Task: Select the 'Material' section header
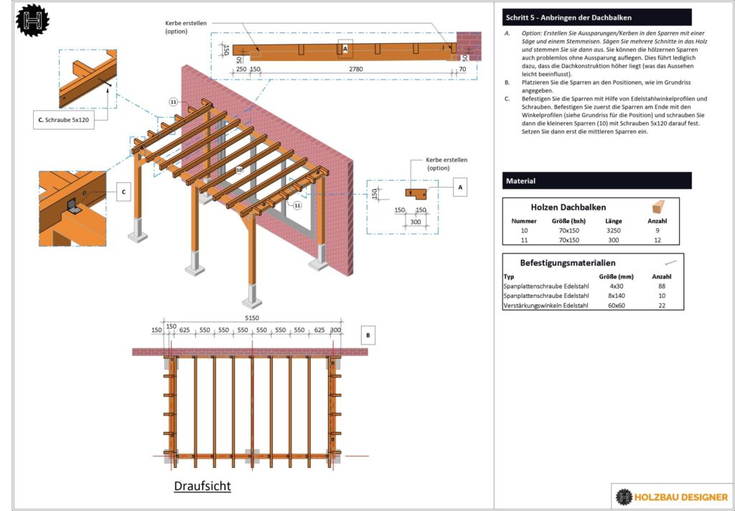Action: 521,181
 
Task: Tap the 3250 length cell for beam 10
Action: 613,231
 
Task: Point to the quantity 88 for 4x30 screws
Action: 661,286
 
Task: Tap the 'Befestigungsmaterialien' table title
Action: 567,263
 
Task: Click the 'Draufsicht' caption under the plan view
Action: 202,486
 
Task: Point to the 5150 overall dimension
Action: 251,317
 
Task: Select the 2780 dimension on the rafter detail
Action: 351,70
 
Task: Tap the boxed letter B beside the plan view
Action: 368,334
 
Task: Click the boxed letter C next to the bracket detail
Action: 123,192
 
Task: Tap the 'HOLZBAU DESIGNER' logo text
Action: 681,497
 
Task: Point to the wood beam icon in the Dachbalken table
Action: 660,207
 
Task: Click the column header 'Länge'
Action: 613,221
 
